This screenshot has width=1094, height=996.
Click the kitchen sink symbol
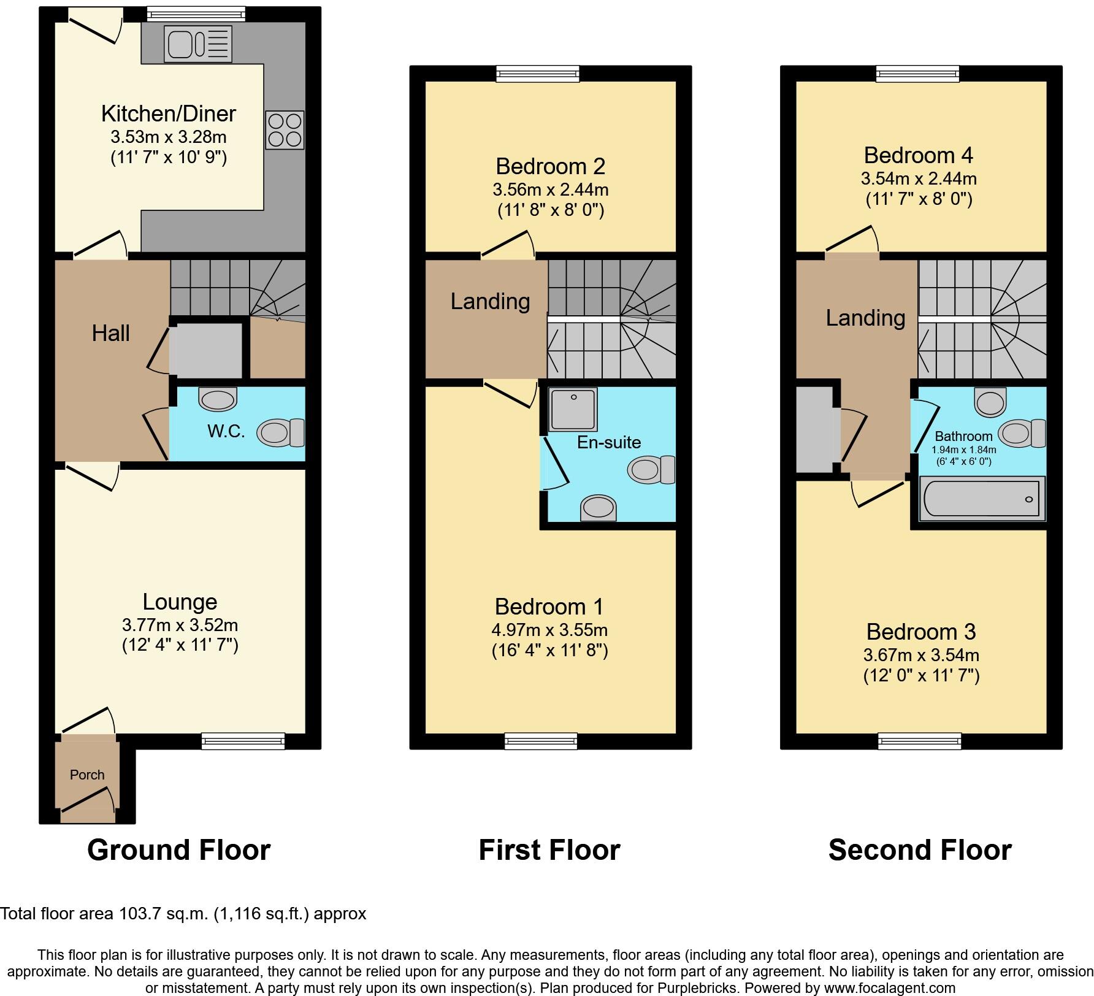(x=197, y=44)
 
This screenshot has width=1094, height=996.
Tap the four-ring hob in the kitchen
(x=285, y=130)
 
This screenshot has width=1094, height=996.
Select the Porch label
(x=87, y=775)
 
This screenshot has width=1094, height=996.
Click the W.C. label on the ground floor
(x=226, y=432)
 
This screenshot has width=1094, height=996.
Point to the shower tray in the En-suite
(x=573, y=409)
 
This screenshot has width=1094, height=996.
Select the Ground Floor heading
(x=178, y=851)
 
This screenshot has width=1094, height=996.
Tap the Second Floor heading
(x=920, y=851)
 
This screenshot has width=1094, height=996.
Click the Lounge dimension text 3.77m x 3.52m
(x=180, y=625)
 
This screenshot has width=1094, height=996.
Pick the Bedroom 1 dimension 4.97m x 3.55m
(x=549, y=630)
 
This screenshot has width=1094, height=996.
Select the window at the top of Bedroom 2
(x=537, y=74)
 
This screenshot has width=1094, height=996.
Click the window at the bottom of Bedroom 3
(x=919, y=741)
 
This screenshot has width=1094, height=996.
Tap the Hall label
(x=111, y=334)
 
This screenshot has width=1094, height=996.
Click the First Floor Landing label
(x=490, y=301)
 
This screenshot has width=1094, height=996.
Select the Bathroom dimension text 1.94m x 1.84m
(x=963, y=450)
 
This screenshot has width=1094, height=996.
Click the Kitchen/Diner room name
(x=168, y=113)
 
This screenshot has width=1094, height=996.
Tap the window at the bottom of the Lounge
(x=243, y=741)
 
